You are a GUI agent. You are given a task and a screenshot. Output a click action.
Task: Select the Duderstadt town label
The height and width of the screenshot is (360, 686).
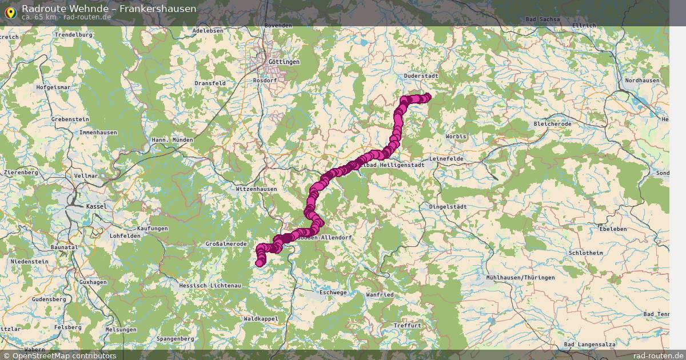coord(421,75)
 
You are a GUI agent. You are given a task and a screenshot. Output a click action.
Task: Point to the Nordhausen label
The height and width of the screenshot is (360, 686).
coord(642,81)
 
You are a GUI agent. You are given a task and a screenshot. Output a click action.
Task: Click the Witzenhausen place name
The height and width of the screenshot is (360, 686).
coord(256,189)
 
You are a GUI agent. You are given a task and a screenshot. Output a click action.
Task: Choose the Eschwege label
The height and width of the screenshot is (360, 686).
coord(333,292)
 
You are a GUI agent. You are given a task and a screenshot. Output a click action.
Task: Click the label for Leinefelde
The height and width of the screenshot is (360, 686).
coord(446,158)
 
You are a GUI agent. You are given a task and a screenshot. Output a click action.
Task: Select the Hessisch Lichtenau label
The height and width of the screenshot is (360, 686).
coord(210,285)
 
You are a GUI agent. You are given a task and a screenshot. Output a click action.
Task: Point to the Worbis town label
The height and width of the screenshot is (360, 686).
coord(456,137)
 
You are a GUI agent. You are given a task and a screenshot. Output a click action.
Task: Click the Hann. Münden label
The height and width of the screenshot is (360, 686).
coord(172,140)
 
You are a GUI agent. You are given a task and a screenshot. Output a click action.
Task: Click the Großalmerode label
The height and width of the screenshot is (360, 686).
coord(226,244)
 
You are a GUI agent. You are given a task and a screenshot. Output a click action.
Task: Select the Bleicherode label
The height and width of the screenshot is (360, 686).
coord(552,123)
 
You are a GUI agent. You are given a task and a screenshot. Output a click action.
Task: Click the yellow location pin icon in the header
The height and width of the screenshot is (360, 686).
coord(10,12)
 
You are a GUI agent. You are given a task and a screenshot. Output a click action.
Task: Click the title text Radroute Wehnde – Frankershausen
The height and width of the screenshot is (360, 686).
coord(109,8)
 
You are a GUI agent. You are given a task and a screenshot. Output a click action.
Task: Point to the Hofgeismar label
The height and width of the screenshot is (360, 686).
coord(53,87)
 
